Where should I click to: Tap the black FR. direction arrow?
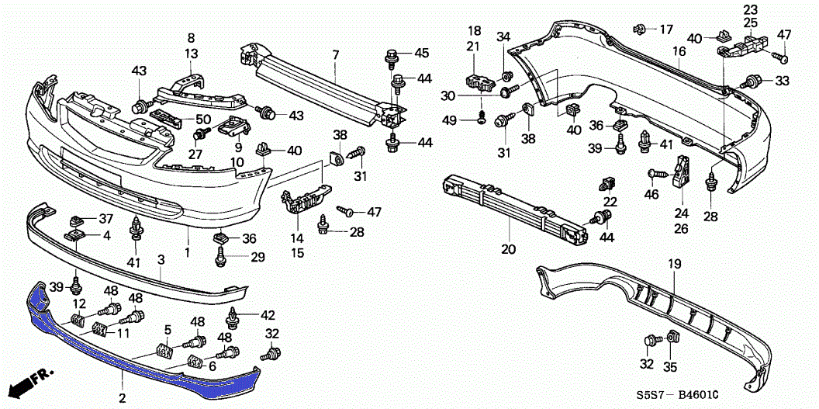pos(23,385)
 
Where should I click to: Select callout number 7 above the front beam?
pos(336,54)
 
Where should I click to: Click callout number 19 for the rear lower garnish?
pos(674,265)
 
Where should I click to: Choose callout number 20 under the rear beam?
pos(508,250)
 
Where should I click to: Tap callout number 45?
pos(421,53)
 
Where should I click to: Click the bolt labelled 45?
pos(392,55)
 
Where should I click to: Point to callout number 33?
pos(782,81)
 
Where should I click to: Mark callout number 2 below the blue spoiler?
pos(122,398)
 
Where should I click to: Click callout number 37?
pos(106,218)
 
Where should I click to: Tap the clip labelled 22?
pos(608,185)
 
